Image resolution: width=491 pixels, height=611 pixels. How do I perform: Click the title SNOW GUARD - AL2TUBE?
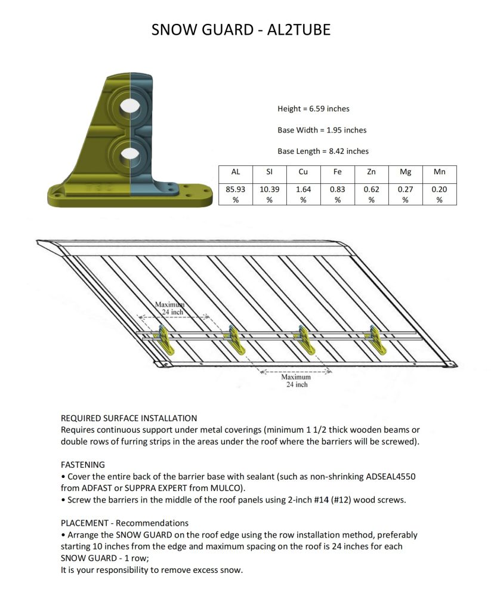click(241, 30)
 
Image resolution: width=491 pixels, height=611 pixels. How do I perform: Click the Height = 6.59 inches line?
click(313, 109)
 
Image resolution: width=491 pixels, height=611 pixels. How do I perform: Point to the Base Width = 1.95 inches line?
click(322, 130)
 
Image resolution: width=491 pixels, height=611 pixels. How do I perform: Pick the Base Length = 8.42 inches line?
click(323, 151)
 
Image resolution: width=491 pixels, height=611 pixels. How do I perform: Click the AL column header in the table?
click(236, 172)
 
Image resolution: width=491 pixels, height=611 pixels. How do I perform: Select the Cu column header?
click(303, 172)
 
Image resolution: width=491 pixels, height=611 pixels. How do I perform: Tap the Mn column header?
click(439, 172)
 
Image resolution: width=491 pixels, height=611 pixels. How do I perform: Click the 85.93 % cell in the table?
click(236, 194)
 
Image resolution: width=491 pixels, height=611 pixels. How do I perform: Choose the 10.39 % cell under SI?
click(269, 194)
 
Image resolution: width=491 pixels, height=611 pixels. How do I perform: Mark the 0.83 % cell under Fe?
click(337, 194)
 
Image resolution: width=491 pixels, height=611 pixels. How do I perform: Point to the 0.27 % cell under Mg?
click(405, 194)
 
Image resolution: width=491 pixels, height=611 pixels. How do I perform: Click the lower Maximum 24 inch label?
click(296, 381)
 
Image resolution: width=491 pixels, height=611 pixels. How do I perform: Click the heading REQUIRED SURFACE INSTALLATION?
click(129, 418)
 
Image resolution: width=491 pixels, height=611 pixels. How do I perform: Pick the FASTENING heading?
click(83, 464)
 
